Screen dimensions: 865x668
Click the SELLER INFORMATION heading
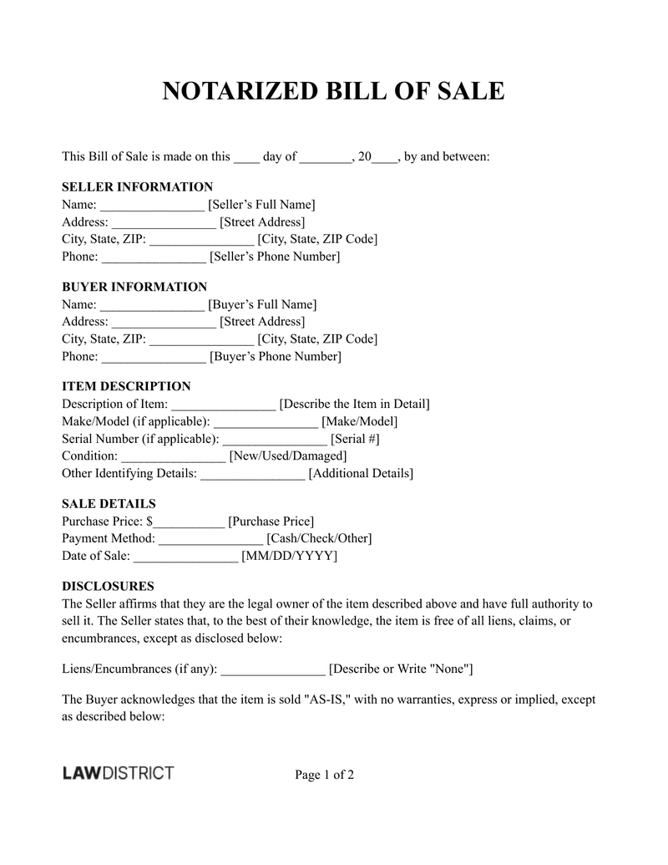(137, 186)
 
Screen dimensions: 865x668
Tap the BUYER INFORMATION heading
(134, 287)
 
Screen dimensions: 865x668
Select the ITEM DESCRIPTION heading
(126, 386)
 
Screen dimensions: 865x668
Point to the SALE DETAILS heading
(109, 504)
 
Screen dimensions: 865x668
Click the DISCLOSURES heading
(108, 586)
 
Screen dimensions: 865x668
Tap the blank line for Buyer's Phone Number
(154, 358)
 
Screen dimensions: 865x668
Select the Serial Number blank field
(275, 440)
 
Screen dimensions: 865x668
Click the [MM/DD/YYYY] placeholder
(289, 556)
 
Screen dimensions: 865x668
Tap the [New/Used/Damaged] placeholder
(287, 455)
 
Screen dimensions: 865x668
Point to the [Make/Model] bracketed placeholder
(359, 421)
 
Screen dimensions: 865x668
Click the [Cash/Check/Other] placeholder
(319, 538)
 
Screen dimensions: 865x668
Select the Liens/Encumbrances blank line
(273, 670)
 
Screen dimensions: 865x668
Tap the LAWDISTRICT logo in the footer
(118, 773)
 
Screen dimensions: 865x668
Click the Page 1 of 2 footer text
(325, 775)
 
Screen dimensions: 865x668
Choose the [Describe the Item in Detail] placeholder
(354, 405)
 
